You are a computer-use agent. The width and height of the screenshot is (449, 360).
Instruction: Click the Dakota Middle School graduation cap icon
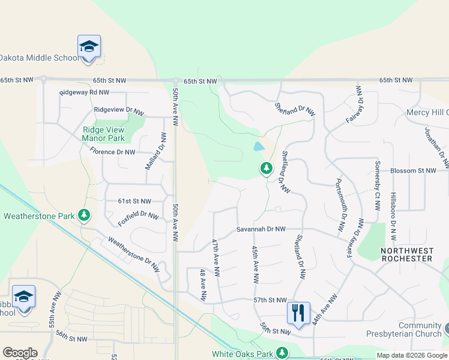89,47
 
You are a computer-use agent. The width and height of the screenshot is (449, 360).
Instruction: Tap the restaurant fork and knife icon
298,313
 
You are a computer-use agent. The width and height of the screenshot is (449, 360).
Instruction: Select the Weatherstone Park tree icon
85,215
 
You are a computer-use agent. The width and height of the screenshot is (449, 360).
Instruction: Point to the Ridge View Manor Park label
103,134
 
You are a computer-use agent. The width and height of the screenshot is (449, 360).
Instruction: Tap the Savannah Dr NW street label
260,229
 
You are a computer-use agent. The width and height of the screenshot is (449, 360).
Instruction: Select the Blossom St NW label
413,170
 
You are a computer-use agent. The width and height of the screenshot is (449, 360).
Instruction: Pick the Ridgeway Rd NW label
84,92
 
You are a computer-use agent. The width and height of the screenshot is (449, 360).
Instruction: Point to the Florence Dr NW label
112,152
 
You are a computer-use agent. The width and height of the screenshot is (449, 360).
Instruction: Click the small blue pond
259,146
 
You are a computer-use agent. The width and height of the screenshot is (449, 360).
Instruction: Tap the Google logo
20,353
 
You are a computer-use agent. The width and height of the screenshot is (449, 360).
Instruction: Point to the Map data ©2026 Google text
411,356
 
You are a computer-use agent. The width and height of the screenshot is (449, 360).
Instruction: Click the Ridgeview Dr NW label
119,111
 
